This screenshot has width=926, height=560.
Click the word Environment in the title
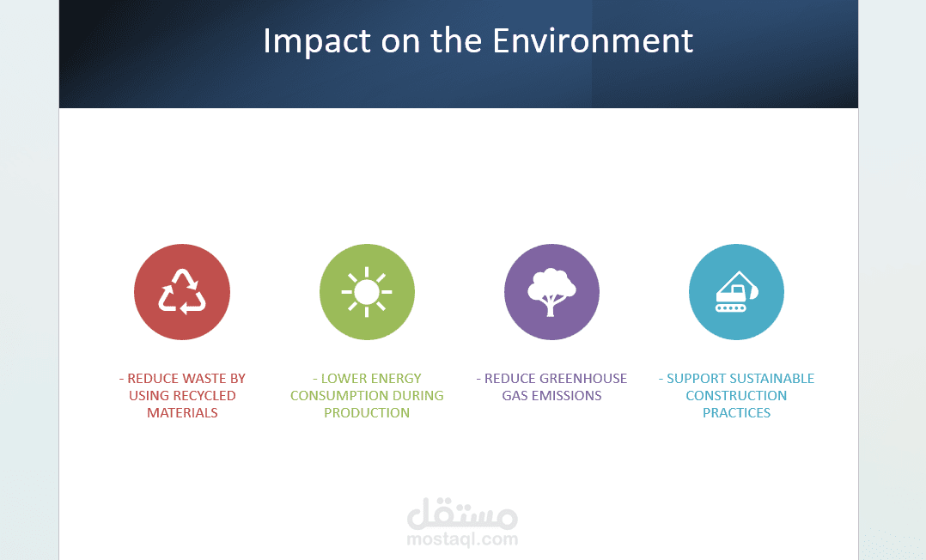[x=593, y=40]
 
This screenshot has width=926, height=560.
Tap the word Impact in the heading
[x=318, y=42]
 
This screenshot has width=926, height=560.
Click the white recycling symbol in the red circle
[x=182, y=291]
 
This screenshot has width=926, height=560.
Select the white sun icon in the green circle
[x=367, y=292]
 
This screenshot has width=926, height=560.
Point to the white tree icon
[x=551, y=292]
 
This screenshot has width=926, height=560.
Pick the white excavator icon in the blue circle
[x=736, y=292]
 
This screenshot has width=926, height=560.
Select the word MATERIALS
[x=182, y=412]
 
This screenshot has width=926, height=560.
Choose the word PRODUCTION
[x=367, y=412]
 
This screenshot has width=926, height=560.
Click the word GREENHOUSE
[x=583, y=378]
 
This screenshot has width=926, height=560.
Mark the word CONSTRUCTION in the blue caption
[x=736, y=395]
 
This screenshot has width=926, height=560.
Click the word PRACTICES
[x=736, y=412]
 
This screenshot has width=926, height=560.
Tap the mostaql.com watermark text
[x=462, y=539]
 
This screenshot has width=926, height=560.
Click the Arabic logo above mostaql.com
[x=462, y=514]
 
